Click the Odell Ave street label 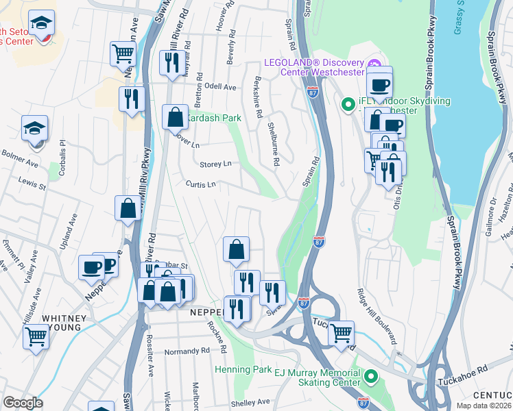coord(220,88)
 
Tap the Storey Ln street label coord(215,164)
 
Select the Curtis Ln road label coord(201,184)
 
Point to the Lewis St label coord(32,185)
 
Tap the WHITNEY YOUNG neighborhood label coord(64,319)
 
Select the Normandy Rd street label coord(187,352)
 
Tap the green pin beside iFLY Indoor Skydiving coord(348,105)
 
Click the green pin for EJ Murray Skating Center coord(371,376)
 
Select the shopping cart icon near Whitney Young coord(36,336)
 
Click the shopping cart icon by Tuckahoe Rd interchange coord(341,333)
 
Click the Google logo coord(23,403)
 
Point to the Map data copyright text coord(484,406)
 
